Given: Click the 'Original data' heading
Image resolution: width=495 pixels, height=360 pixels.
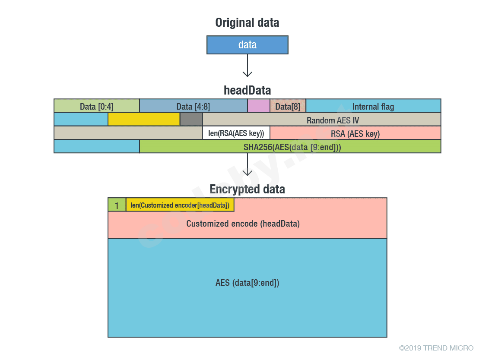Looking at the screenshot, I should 247,23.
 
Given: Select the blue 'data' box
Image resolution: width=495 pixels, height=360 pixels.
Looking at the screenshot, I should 247,45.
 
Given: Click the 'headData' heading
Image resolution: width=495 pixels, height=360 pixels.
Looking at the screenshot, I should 247,90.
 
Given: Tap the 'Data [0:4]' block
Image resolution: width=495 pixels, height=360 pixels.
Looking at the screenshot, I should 97,106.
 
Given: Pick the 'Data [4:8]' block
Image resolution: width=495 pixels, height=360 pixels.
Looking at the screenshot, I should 193,106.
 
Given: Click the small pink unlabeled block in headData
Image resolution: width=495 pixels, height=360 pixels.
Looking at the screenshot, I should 258,106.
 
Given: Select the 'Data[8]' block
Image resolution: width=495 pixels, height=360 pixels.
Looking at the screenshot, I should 288,106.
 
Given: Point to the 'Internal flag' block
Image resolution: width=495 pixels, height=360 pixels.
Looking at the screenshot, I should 373,106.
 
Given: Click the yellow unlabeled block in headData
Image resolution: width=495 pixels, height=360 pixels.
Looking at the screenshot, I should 144,120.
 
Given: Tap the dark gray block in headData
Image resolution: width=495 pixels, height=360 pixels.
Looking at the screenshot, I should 191,120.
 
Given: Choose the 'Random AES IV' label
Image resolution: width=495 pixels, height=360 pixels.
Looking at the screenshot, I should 333,120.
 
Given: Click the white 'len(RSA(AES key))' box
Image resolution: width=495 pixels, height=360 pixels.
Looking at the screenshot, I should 236,133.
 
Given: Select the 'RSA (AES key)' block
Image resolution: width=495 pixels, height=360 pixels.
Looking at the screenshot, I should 355,133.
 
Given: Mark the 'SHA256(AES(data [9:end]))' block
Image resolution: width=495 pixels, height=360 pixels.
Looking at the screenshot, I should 292,147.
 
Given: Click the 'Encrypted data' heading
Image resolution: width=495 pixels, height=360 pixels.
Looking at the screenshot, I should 247,189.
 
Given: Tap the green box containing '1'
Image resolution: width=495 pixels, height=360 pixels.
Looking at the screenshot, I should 117,205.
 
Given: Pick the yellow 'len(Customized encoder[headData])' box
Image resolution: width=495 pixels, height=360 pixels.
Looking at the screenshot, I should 180,205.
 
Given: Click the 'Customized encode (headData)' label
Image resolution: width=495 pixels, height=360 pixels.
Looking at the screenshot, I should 243,224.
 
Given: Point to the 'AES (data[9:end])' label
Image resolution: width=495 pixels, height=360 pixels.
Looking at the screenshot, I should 247,283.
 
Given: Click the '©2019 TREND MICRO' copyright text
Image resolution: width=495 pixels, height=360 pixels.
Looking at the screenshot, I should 436,348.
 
